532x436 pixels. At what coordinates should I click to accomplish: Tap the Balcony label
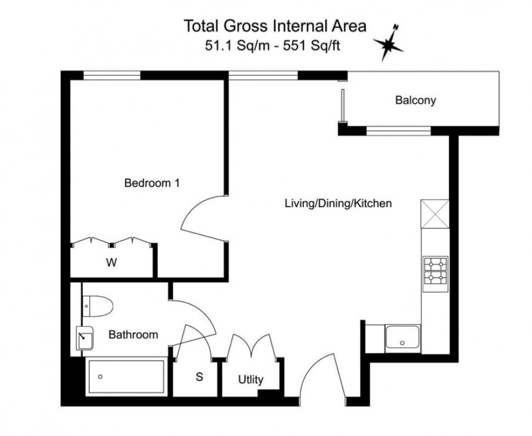[415, 101]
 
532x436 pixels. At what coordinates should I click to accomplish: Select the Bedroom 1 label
[152, 183]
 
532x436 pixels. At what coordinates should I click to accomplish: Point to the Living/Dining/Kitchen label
[337, 203]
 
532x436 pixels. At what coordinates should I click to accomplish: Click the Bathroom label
[133, 335]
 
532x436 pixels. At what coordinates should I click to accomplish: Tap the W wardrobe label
[111, 263]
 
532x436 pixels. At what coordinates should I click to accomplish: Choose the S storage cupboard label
[199, 377]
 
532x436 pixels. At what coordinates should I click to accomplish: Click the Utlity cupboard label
[251, 380]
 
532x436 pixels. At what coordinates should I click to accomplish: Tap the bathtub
[126, 376]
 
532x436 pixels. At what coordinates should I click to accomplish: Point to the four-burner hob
[435, 271]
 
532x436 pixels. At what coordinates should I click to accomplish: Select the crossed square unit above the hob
[435, 214]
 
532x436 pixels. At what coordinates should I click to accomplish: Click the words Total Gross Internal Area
[274, 26]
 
